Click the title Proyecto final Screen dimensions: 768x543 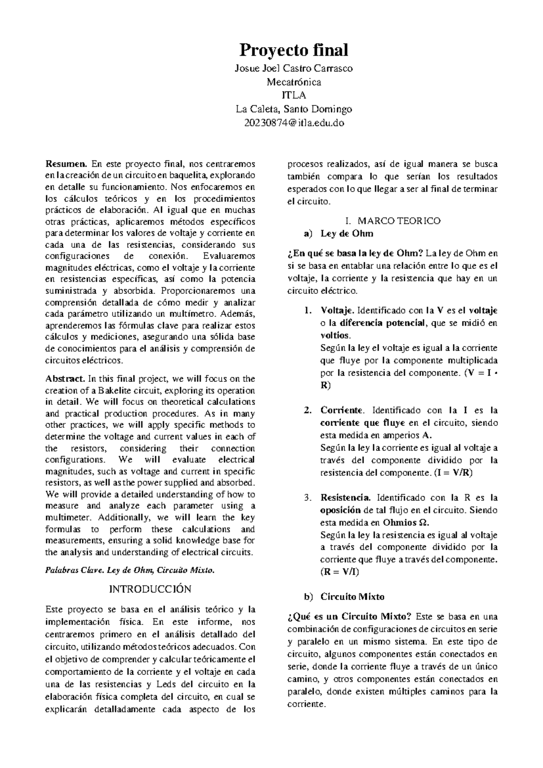pos(294,50)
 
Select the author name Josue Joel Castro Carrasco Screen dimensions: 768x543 pos(294,69)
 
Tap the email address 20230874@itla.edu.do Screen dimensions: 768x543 pos(294,123)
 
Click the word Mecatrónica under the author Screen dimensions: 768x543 pos(294,82)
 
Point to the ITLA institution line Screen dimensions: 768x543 pos(294,96)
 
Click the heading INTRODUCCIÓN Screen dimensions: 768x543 pos(150,589)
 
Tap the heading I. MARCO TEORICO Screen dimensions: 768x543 pos(392,221)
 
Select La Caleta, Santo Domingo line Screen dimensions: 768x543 pos(294,109)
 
